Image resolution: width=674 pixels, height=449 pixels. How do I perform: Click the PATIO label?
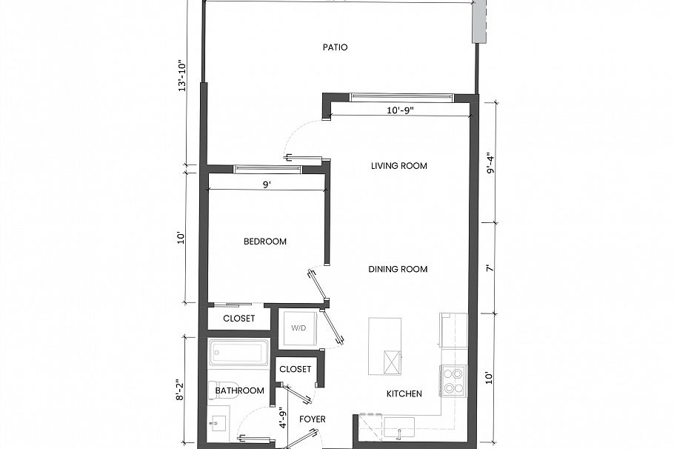point(335,47)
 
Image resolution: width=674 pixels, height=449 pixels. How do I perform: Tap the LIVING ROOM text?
point(398,166)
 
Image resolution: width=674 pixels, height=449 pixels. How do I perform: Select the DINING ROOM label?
point(398,269)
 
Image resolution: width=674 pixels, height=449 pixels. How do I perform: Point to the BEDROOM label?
point(265,242)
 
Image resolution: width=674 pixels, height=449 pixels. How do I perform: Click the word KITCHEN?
point(404,393)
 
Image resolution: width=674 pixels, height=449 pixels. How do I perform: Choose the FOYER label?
point(312,419)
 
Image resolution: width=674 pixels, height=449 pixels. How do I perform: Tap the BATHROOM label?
point(239,390)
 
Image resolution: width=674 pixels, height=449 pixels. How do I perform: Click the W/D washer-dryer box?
point(298,327)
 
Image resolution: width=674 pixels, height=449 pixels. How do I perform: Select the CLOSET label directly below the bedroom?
point(238,319)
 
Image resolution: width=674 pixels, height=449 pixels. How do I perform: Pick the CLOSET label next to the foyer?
point(295,368)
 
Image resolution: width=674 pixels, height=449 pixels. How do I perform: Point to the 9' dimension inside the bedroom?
point(267,186)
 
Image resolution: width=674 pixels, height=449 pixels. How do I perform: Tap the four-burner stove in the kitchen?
point(452,380)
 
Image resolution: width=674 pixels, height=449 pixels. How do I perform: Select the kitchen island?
point(385,347)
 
